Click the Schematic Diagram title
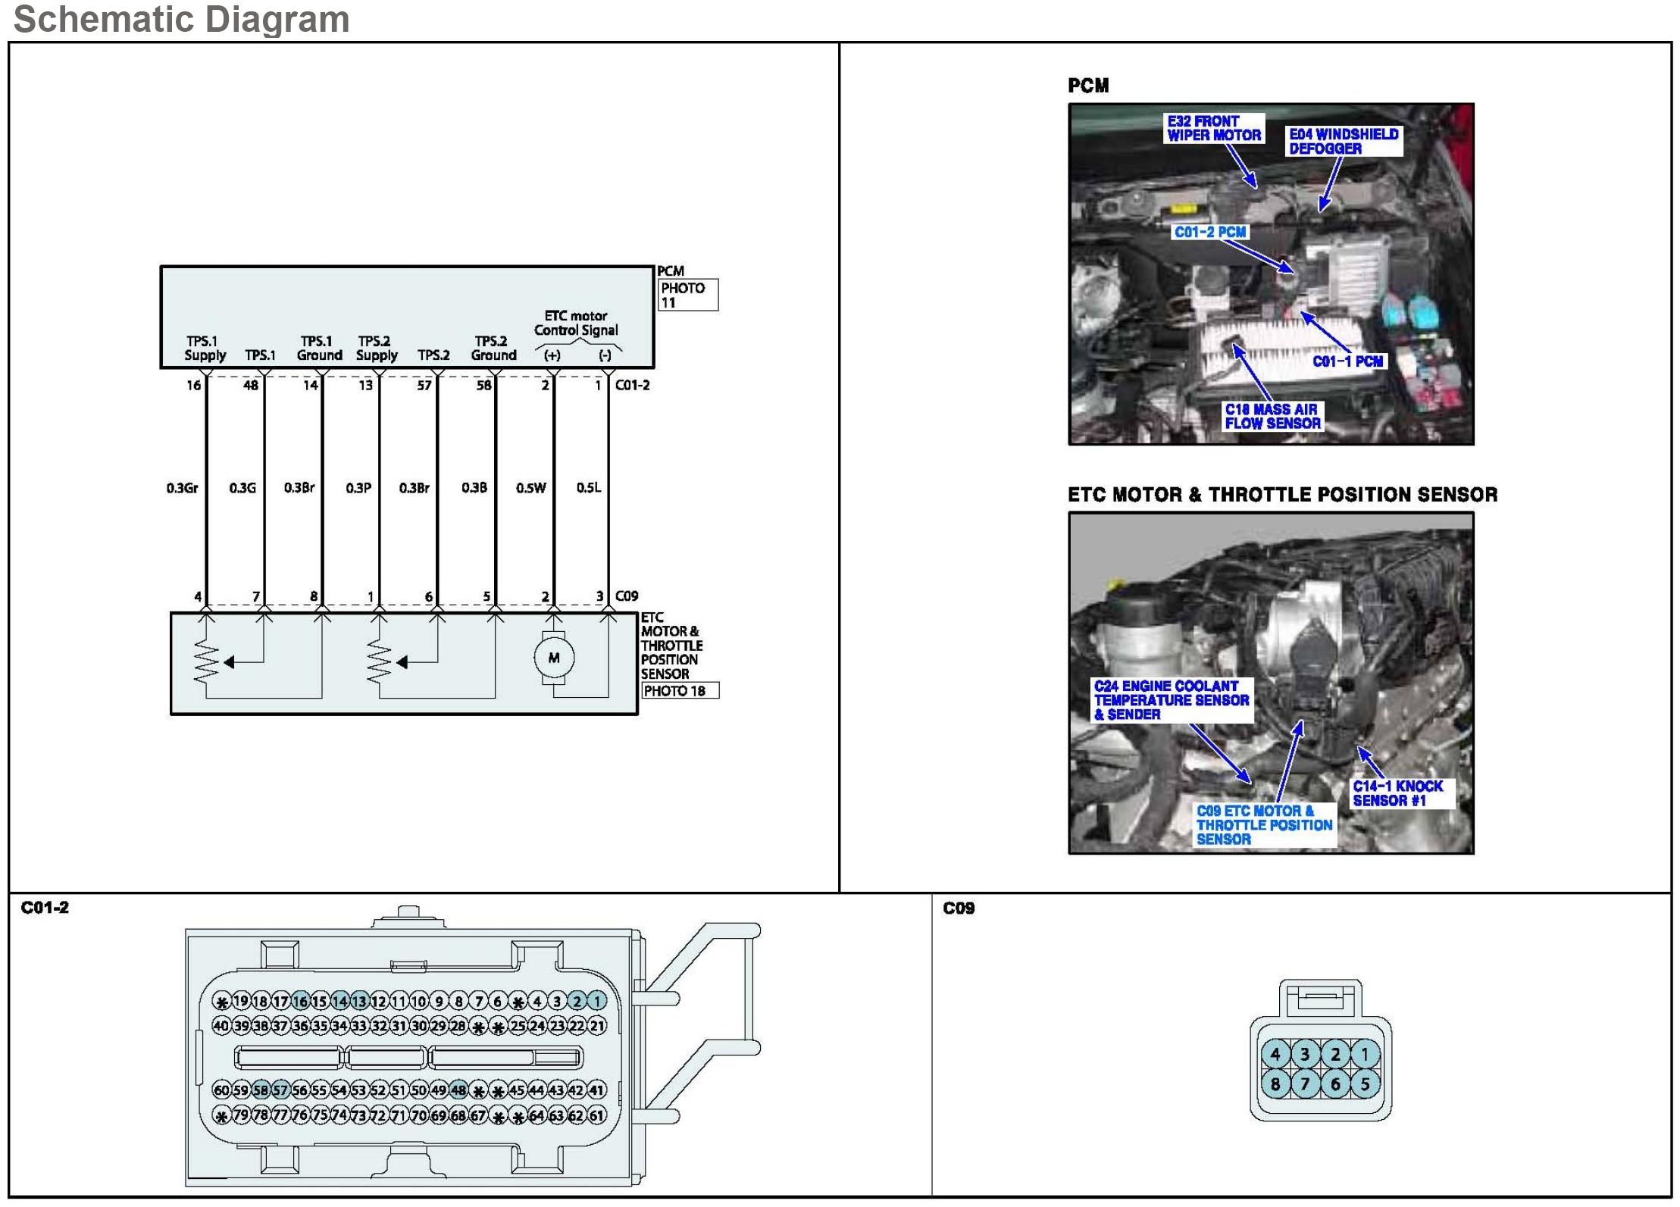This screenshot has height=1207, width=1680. point(181,19)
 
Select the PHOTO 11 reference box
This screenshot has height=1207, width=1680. point(688,295)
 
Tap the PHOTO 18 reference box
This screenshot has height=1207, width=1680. point(680,691)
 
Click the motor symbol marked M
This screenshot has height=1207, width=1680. point(554,658)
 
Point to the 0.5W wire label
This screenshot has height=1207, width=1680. point(530,488)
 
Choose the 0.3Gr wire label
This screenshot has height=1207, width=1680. point(182,488)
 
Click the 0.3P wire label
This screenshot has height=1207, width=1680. point(358,488)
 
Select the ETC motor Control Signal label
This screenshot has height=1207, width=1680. point(576,323)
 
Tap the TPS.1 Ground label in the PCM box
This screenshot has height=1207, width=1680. point(319,348)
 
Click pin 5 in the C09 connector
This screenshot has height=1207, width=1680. point(1365,1084)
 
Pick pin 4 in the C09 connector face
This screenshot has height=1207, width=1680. point(1275,1054)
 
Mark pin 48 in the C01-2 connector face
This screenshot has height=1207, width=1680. point(458,1090)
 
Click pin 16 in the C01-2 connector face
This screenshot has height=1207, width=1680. point(300,1001)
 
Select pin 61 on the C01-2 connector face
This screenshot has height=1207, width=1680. point(597,1115)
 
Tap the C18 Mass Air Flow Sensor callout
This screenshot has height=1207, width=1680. point(1272,416)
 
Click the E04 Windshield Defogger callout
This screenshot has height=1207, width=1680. point(1344,141)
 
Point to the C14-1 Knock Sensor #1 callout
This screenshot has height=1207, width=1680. point(1397,793)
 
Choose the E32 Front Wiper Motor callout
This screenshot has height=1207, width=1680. point(1213,128)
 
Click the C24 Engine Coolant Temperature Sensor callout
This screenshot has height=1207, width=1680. point(1171,699)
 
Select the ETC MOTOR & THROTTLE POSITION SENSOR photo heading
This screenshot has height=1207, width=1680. point(1282,495)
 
